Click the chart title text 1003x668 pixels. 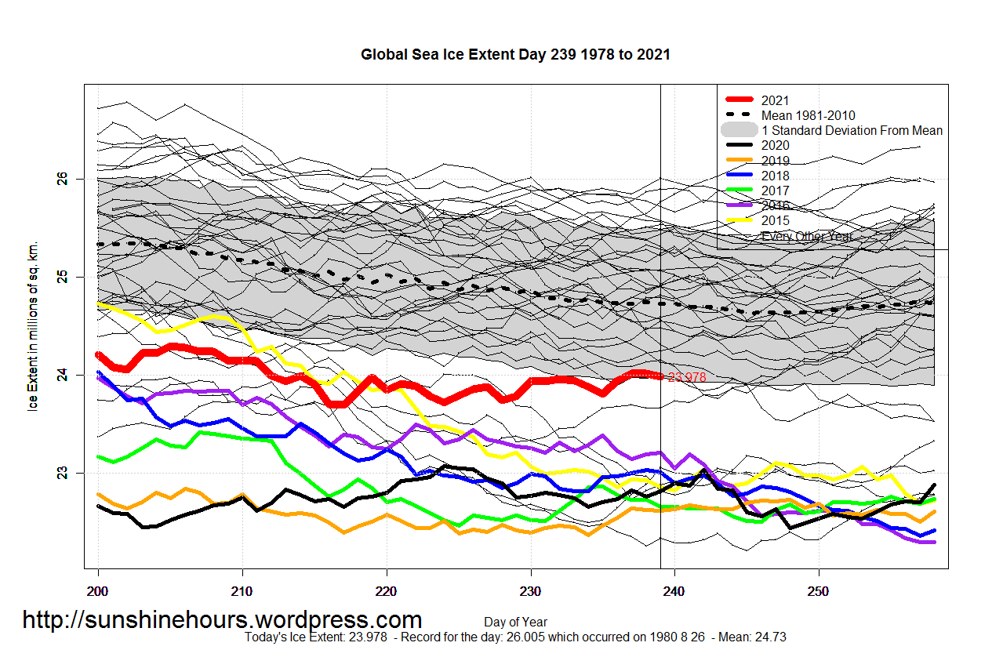[x=515, y=55]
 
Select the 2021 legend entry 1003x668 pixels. [x=775, y=100]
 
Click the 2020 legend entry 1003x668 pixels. [x=775, y=145]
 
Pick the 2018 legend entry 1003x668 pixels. [x=775, y=176]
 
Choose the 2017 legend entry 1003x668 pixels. [x=775, y=191]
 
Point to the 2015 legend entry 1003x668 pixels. [x=775, y=220]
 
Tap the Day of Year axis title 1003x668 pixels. [x=515, y=623]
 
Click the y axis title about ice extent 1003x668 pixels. [x=34, y=326]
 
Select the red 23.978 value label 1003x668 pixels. [x=686, y=377]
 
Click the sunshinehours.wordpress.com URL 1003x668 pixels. [x=222, y=620]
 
